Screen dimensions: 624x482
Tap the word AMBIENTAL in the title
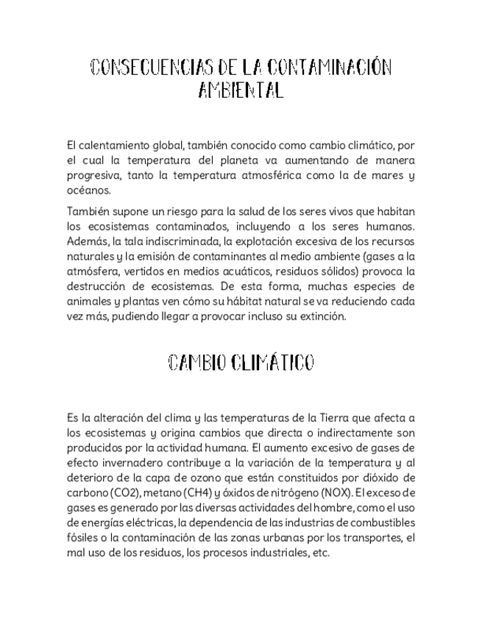(x=241, y=91)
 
